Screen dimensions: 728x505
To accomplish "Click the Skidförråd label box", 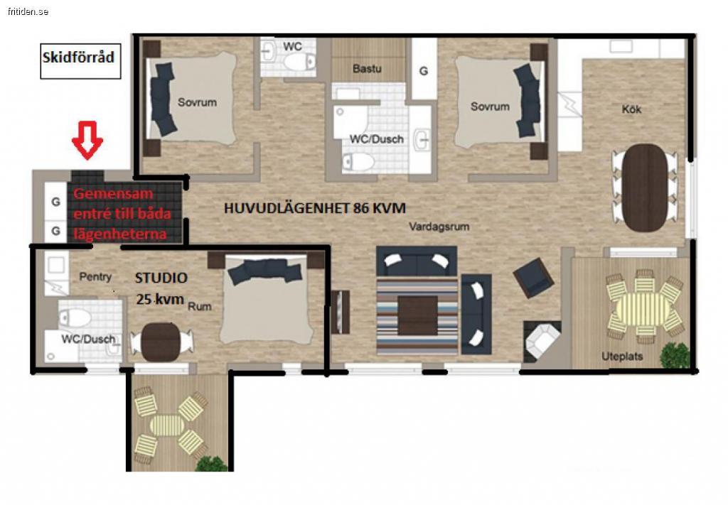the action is click(80, 61).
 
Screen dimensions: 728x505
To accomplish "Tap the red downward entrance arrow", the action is click(87, 140).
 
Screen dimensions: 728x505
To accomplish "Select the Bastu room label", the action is click(367, 69).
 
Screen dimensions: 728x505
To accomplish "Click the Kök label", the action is click(631, 109).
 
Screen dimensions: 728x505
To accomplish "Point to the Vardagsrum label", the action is click(439, 227).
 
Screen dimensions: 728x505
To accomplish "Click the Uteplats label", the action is click(622, 356).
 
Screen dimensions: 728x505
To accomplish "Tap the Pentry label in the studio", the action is click(95, 277).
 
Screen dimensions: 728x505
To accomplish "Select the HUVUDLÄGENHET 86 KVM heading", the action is click(315, 208).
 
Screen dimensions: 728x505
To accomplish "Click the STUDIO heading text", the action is click(161, 278).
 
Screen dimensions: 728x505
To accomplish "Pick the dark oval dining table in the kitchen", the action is click(644, 188).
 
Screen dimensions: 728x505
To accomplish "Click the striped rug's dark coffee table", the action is click(417, 315).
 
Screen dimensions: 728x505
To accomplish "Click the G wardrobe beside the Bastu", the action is click(424, 69).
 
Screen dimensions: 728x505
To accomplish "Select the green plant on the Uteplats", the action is click(674, 356).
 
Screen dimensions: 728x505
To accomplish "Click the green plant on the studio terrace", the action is click(211, 464).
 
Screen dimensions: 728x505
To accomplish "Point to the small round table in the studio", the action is click(160, 342).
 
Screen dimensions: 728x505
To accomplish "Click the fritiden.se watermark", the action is click(28, 11).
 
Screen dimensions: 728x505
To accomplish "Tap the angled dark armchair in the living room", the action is click(533, 277).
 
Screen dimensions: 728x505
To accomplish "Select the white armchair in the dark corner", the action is click(542, 341).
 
